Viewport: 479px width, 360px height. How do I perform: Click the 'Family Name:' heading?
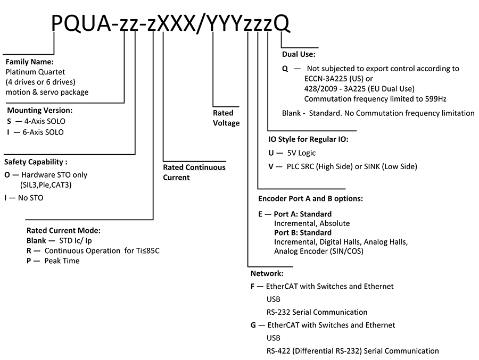pos(30,62)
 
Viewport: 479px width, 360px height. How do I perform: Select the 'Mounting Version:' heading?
pos(40,110)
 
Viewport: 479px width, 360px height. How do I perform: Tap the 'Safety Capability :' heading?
pos(36,162)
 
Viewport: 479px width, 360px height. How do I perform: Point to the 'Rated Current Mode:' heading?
pos(63,230)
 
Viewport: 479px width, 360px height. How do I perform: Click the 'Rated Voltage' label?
pos(226,118)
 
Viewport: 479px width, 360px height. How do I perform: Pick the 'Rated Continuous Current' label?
pos(194,172)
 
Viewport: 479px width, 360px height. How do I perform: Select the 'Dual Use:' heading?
pos(299,54)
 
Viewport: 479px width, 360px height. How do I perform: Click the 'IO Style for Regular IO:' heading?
pos(308,139)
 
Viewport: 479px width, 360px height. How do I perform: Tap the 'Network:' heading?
pos(267,273)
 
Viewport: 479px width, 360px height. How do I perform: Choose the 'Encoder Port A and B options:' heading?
pos(310,199)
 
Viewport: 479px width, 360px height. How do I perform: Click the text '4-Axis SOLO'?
pos(45,121)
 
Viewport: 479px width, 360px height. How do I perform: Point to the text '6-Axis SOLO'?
pos(43,132)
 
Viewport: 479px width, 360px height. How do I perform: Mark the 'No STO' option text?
pos(30,198)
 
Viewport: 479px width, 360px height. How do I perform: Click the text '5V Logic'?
pos(301,153)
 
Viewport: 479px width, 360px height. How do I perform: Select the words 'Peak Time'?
pos(62,261)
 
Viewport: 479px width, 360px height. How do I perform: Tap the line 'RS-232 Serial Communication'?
pos(317,312)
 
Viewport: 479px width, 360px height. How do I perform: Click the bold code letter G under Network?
pos(253,325)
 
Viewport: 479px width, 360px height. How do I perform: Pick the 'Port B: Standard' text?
pos(303,233)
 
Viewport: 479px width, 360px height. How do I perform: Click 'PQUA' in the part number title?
pos(81,23)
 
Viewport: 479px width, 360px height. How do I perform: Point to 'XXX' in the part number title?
pos(176,23)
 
